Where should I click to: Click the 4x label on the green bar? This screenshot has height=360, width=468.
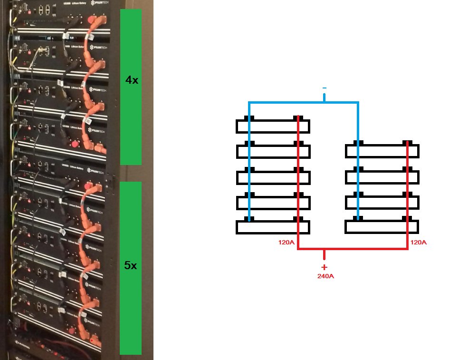pos(132,80)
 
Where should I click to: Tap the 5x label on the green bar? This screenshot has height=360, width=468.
pos(130,265)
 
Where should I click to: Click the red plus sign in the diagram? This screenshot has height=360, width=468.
pos(325,267)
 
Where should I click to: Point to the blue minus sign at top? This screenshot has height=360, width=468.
pos(325,88)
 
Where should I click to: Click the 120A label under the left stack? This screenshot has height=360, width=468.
pos(287,243)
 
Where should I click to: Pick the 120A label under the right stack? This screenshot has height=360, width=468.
pos(418,243)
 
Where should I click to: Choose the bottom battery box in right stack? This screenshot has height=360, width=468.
pos(382,227)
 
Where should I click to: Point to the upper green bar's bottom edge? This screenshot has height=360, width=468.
pos(131,164)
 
